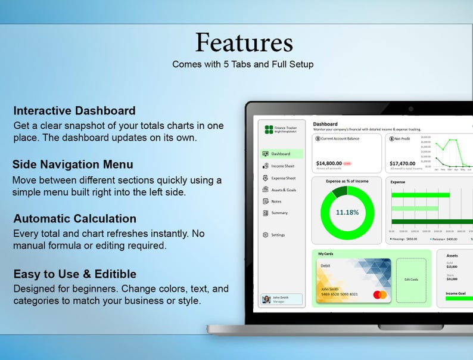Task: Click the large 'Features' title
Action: pyautogui.click(x=244, y=43)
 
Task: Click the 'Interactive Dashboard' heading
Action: pyautogui.click(x=74, y=111)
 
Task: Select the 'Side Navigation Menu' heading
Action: pyautogui.click(x=73, y=165)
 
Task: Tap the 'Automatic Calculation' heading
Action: pyautogui.click(x=74, y=219)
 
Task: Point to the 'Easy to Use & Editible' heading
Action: pyautogui.click(x=74, y=274)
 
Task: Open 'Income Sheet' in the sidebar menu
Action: pyautogui.click(x=282, y=166)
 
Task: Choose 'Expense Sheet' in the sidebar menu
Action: pyautogui.click(x=282, y=178)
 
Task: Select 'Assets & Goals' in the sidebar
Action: pyautogui.click(x=283, y=190)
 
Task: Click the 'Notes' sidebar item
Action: pyautogui.click(x=276, y=201)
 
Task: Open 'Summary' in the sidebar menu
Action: pyautogui.click(x=279, y=213)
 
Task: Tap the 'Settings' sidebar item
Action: pyautogui.click(x=277, y=235)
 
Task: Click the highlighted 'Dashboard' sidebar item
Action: pyautogui.click(x=282, y=154)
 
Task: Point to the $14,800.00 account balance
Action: pyautogui.click(x=329, y=163)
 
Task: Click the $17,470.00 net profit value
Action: pyautogui.click(x=402, y=163)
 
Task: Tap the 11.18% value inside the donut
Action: pyautogui.click(x=347, y=212)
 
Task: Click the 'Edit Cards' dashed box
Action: pyautogui.click(x=411, y=279)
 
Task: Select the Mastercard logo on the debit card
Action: pyautogui.click(x=379, y=294)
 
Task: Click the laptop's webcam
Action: pyautogui.click(x=410, y=108)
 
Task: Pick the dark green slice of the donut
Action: pyautogui.click(x=340, y=191)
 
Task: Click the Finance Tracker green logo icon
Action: pyautogui.click(x=269, y=129)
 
